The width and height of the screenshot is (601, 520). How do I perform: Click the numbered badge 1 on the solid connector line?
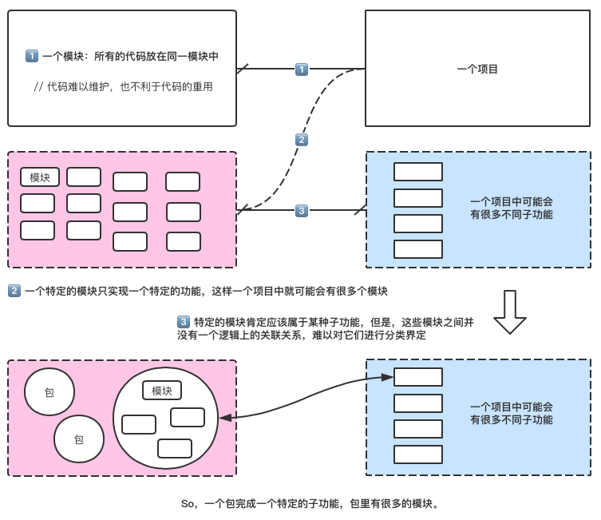point(302,69)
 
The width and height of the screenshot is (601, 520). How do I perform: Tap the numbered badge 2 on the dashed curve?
point(301,140)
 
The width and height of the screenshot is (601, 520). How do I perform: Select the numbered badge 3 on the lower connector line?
point(301,211)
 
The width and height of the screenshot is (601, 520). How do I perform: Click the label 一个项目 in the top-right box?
point(477,69)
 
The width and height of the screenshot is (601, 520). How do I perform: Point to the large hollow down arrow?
point(509,312)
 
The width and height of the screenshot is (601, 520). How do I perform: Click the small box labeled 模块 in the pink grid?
point(40,177)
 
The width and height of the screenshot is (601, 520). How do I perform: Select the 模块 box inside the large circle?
point(162,391)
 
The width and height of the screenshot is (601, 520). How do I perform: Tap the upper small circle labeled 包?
point(49,392)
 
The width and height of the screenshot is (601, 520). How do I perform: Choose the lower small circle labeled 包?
point(79,439)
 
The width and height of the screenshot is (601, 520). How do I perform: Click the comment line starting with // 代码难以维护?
point(123,86)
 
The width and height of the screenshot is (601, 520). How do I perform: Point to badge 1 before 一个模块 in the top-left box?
point(32,56)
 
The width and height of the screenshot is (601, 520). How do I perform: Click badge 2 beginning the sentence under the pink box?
point(14,291)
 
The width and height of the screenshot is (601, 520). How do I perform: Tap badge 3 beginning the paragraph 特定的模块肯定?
point(184,322)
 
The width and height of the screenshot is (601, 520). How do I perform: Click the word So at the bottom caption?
point(188,503)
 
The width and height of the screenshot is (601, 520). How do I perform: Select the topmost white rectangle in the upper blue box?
point(418,172)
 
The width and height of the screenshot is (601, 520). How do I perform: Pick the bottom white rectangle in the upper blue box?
point(418,249)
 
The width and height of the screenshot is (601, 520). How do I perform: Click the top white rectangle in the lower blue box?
point(418,377)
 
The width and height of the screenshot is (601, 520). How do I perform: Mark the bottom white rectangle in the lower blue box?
point(418,455)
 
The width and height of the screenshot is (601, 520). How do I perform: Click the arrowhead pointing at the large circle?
point(224,417)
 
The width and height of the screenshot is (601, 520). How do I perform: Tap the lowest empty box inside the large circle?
point(175,448)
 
